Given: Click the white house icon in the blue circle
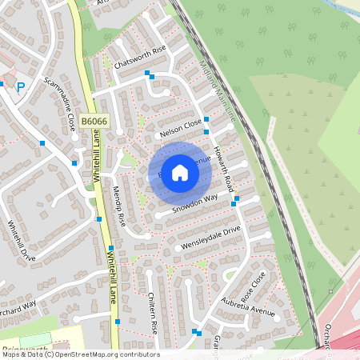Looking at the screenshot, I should (x=180, y=172).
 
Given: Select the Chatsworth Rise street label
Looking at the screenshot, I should (x=140, y=56).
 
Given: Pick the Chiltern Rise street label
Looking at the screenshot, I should (x=152, y=313).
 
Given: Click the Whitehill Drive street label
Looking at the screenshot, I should (x=22, y=241).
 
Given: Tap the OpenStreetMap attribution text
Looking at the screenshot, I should (x=80, y=354).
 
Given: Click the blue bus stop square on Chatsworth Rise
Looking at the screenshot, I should (x=147, y=73).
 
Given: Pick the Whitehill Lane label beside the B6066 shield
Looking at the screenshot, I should (x=95, y=155).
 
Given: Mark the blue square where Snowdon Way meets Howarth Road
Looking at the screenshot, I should (x=234, y=203).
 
